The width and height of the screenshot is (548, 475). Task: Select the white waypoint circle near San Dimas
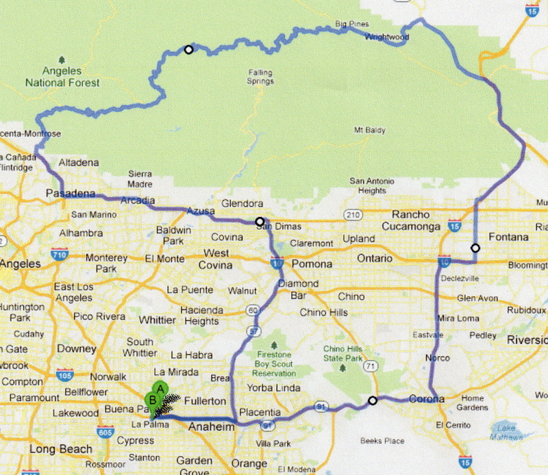click(260, 221)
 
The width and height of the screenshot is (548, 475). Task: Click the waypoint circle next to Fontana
click(475, 248)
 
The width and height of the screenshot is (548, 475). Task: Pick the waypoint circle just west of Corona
click(373, 400)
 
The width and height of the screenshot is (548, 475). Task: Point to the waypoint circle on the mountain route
click(188, 49)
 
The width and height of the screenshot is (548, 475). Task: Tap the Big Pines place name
click(351, 25)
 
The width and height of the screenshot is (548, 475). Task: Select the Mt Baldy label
click(369, 130)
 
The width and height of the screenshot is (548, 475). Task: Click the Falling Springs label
click(260, 77)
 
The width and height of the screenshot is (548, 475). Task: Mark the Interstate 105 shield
click(66, 375)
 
